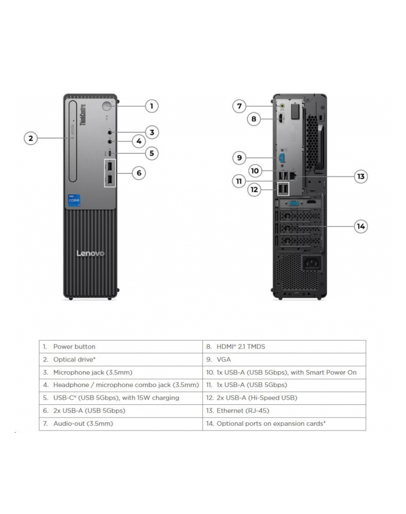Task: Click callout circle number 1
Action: (151, 106)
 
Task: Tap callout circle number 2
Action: (31, 138)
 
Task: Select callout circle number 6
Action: (138, 173)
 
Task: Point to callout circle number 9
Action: (239, 157)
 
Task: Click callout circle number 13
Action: (361, 176)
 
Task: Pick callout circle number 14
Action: (361, 226)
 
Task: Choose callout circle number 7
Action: (239, 106)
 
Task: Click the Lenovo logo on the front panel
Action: (91, 254)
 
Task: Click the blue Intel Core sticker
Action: (75, 200)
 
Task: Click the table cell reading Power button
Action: (121, 346)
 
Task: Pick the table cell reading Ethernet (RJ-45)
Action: (284, 411)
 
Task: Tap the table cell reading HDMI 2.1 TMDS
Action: (284, 346)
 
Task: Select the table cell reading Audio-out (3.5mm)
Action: (121, 423)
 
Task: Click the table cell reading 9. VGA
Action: (284, 360)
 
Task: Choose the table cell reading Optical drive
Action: (121, 360)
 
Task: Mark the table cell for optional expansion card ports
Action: (284, 423)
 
